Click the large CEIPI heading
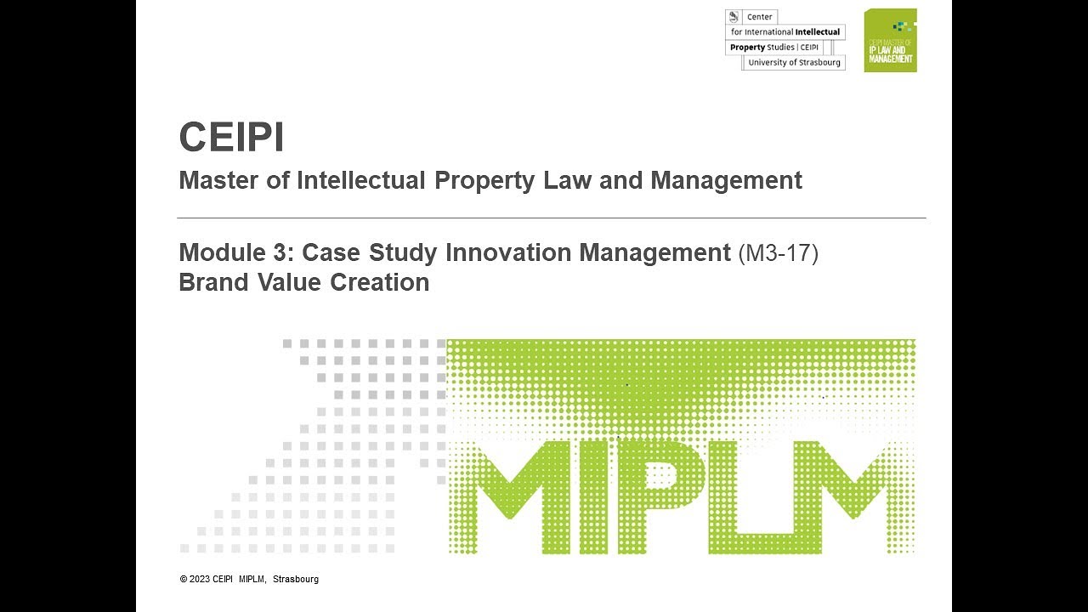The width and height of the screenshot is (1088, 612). (x=231, y=138)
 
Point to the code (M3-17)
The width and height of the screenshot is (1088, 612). (x=778, y=252)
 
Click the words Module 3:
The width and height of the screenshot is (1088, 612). (x=236, y=252)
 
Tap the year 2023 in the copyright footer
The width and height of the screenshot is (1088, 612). (x=200, y=580)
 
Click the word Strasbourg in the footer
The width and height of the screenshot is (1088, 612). (x=296, y=580)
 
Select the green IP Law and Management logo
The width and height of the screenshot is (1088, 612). (x=890, y=41)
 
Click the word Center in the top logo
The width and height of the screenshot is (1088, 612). (x=760, y=17)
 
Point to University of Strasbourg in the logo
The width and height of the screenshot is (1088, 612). (x=794, y=63)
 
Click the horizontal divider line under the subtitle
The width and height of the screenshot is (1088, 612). (x=552, y=218)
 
